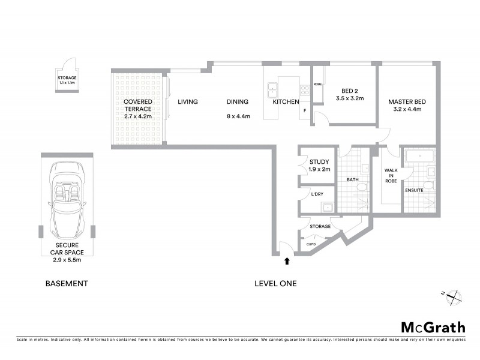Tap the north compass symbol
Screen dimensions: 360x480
click(x=454, y=295)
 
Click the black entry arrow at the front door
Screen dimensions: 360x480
click(x=287, y=260)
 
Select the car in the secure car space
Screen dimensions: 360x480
click(x=67, y=200)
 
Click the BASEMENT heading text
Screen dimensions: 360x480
click(x=67, y=283)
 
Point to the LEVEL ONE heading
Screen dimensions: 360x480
click(x=275, y=283)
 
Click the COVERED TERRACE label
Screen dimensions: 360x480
click(x=138, y=106)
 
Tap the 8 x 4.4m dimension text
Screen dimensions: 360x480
click(x=238, y=116)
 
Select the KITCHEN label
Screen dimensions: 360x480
click(x=286, y=102)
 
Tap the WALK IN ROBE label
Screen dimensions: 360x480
click(x=391, y=175)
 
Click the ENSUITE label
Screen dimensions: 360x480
click(x=414, y=190)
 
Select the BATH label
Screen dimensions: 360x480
click(x=352, y=179)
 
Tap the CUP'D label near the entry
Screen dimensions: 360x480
click(x=311, y=244)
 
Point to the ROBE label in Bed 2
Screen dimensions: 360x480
click(x=317, y=85)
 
